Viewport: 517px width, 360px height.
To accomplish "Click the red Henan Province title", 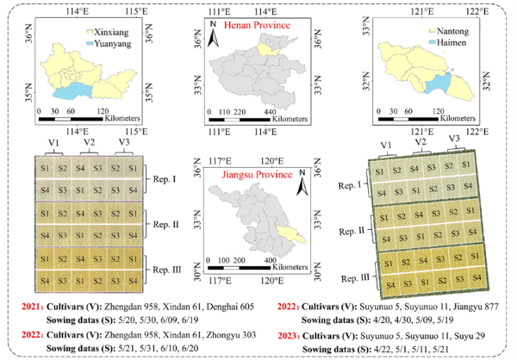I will pyautogui.click(x=256, y=27).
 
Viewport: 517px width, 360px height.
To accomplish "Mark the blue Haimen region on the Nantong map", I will pyautogui.click(x=443, y=84).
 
